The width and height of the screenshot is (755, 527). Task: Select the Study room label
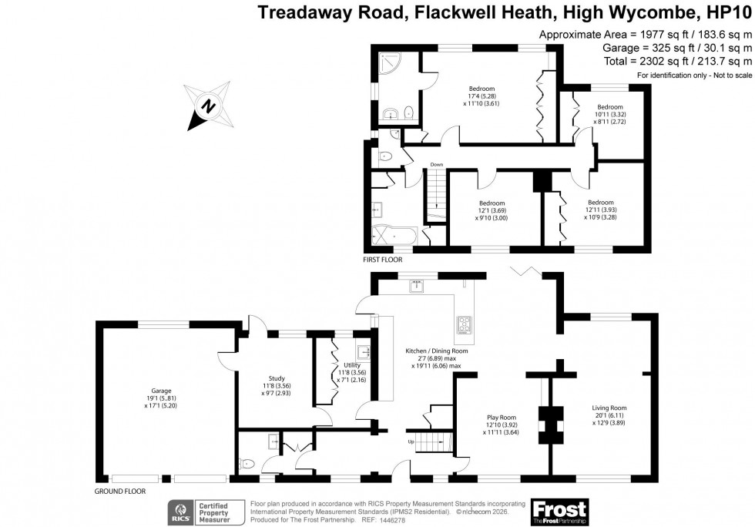tap(277, 384)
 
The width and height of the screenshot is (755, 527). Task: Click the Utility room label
tap(341, 372)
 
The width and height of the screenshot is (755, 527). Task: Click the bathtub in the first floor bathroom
tap(394, 235)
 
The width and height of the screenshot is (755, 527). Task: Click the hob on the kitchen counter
tap(465, 328)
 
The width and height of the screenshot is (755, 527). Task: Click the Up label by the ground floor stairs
tap(411, 442)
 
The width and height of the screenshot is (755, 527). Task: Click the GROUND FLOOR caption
tap(119, 491)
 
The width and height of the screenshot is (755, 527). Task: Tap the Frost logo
tap(559, 512)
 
